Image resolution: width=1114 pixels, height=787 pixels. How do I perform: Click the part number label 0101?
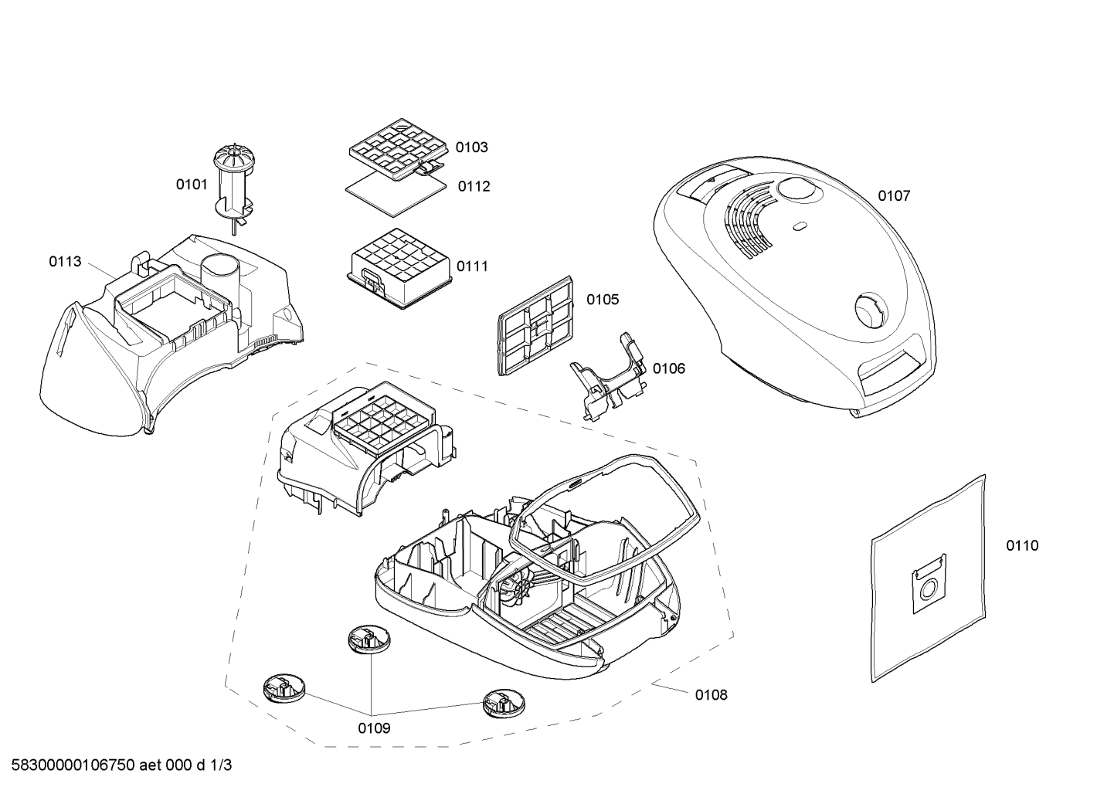pos(192,185)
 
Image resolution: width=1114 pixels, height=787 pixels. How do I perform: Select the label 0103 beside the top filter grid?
pos(471,148)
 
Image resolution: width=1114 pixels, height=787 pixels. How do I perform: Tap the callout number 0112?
pos(474,186)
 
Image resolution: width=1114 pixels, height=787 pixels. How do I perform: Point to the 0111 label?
pos(473,266)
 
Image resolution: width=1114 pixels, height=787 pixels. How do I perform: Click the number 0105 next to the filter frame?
pos(603,300)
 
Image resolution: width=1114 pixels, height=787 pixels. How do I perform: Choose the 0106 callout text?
pos(669,368)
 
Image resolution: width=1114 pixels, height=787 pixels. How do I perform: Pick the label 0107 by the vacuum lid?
pos(894,196)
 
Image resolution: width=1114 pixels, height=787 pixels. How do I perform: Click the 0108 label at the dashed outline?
pos(712,695)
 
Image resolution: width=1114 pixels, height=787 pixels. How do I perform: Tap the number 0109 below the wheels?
pos(374,728)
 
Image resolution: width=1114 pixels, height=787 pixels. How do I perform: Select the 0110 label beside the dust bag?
pos(1023,545)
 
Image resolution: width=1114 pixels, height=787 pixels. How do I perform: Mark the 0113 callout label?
pos(65,262)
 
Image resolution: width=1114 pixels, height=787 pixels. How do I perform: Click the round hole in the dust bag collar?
pos(926,591)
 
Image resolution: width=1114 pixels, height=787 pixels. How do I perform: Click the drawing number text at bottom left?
pos(121,765)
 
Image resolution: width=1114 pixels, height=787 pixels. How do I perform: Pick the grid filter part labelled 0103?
pos(397,149)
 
